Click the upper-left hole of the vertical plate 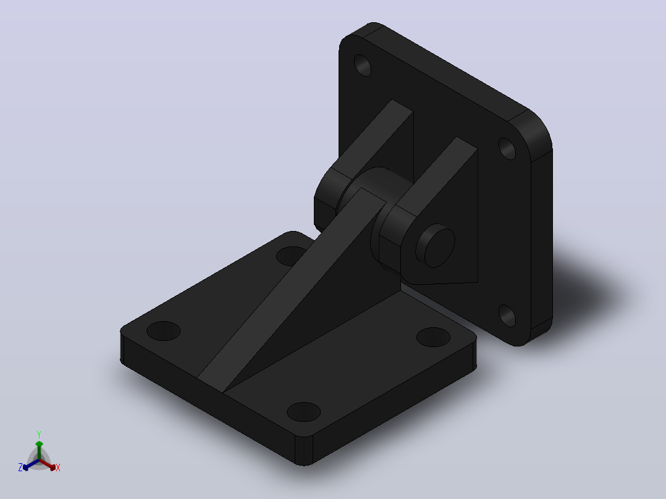click(362, 65)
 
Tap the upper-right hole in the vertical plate click(507, 149)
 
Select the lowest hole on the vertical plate click(507, 316)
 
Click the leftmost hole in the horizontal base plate click(164, 331)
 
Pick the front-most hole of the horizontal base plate click(304, 411)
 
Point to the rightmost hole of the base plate click(433, 337)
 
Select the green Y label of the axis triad click(39, 434)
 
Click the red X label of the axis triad click(58, 468)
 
